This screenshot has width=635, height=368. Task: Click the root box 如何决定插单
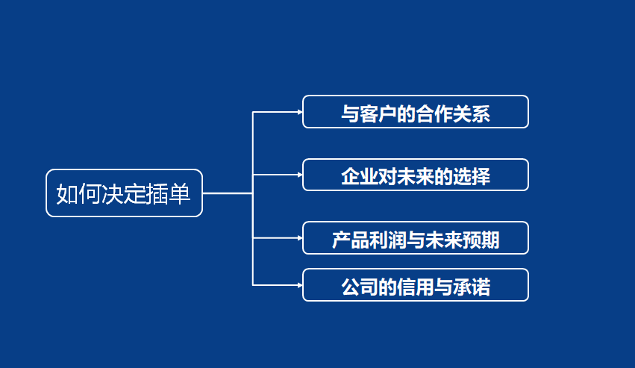124,193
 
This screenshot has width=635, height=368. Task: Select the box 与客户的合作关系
415,112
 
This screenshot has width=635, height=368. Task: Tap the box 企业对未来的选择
415,175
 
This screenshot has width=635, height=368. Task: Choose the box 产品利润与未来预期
415,238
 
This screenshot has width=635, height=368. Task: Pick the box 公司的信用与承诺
415,285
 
